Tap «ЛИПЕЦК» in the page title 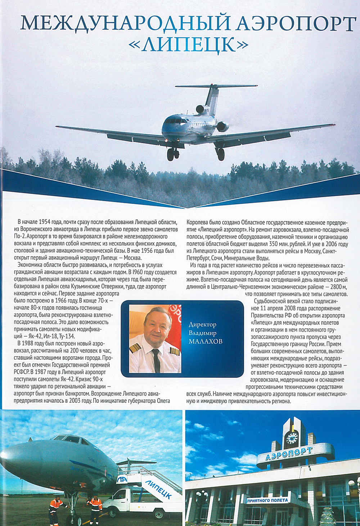[x=188, y=45]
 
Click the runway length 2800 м [x=338, y=287]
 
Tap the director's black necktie [x=156, y=360]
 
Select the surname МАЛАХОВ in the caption [x=206, y=341]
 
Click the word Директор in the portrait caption [x=202, y=325]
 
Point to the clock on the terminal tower [x=291, y=437]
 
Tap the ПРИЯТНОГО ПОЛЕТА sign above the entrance [x=267, y=500]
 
